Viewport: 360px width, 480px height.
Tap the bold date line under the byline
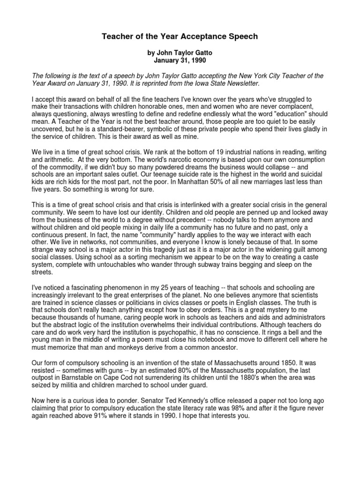pos(180,60)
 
